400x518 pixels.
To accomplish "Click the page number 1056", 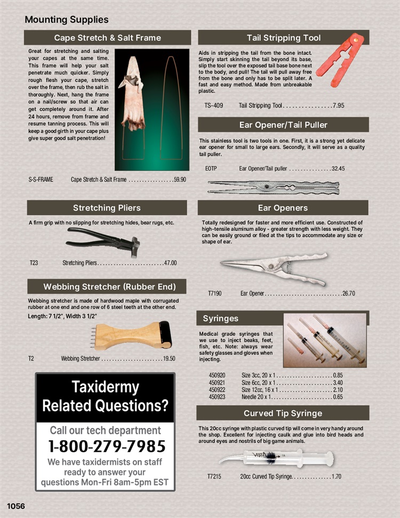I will point(16,505).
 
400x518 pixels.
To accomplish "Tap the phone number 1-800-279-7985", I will point(107,446).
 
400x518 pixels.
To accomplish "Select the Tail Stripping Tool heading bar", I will point(283,38).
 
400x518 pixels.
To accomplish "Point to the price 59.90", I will point(180,180).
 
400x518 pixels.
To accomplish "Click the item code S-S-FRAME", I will point(41,180).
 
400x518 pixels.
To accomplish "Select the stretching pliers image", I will point(103,242).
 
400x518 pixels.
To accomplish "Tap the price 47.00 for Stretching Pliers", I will point(170,263).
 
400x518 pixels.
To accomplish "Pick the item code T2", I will point(31,359).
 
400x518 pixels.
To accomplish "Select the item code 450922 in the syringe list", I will point(218,390).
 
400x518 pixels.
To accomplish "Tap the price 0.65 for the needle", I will point(338,397).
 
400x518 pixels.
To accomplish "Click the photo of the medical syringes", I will point(325,340).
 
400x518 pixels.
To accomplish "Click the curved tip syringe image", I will point(276,457).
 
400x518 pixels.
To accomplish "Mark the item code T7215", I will point(215,477).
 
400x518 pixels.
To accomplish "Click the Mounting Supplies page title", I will point(67,20).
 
